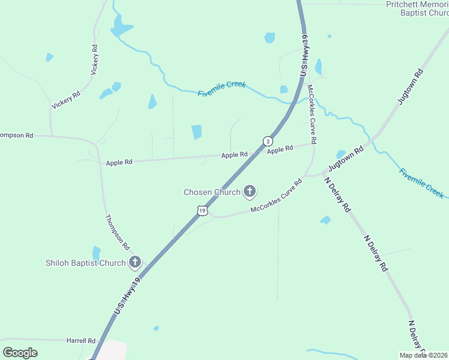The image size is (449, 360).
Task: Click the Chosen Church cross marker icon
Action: [x=250, y=192]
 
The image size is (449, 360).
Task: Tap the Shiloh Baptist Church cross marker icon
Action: [x=135, y=262]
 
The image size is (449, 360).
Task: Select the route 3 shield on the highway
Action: [x=268, y=141]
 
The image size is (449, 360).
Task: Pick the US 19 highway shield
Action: [x=203, y=211]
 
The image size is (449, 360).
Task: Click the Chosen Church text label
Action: [x=212, y=193]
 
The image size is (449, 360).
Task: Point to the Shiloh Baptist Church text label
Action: [x=85, y=263]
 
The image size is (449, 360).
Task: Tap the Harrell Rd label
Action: [x=81, y=341]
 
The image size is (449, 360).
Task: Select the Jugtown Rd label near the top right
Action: [x=411, y=87]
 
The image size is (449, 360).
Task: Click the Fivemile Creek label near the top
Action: [x=222, y=89]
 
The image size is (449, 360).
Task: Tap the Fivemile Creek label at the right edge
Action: [x=421, y=182]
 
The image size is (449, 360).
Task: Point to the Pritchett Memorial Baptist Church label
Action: [x=417, y=8]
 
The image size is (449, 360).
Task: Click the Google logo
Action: [x=20, y=353]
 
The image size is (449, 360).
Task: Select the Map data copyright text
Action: [x=423, y=355]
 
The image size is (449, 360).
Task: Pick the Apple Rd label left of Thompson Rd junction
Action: [x=118, y=163]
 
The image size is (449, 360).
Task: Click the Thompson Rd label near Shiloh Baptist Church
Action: [x=118, y=232]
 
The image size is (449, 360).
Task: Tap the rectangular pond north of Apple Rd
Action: [x=196, y=132]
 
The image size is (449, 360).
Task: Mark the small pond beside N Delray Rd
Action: [x=325, y=220]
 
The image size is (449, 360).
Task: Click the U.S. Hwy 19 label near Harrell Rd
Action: [x=127, y=296]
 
